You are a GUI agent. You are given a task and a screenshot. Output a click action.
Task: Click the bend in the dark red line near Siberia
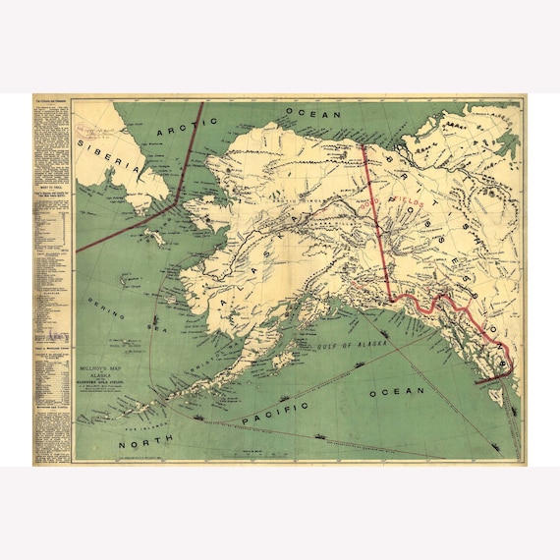(176, 196)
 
